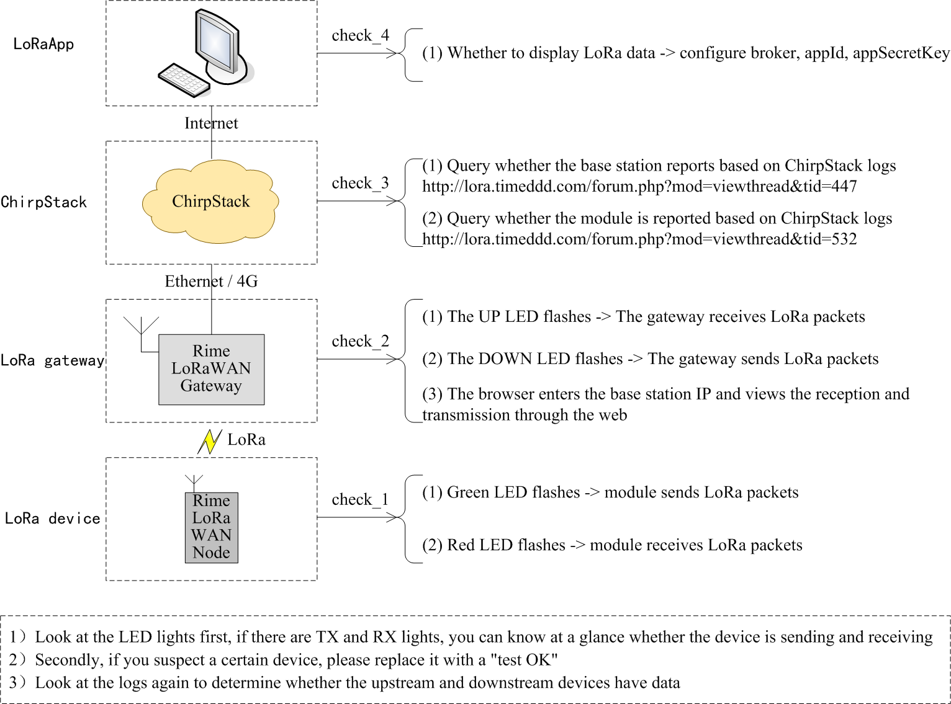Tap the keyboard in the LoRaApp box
183,80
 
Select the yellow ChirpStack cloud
211,202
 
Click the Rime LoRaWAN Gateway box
211,369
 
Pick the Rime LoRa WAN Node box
211,527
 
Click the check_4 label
360,36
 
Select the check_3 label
360,184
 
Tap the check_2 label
360,342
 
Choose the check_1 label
360,500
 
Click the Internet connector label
211,123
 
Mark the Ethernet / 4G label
211,282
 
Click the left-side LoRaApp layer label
43,44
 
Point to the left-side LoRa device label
52,519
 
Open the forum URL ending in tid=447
639,187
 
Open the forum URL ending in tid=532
639,239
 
